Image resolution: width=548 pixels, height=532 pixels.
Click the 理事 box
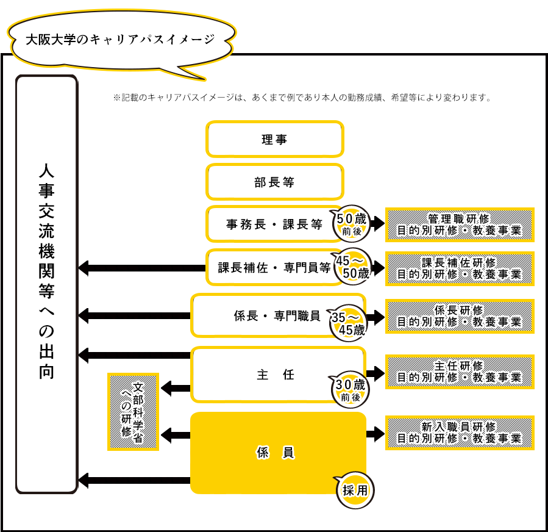tap(274, 139)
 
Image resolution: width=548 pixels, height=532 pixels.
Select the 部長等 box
tap(274, 182)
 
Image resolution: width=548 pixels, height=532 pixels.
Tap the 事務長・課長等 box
tap(274, 224)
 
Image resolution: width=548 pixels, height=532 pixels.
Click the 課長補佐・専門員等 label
tap(274, 267)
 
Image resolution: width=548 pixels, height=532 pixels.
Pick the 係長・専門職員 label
tap(277, 315)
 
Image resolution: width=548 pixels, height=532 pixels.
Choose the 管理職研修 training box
tap(460, 225)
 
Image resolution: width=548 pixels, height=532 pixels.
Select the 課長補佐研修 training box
tap(460, 268)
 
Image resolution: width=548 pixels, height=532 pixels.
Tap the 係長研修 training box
tap(460, 316)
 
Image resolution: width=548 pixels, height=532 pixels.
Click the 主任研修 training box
tap(460, 372)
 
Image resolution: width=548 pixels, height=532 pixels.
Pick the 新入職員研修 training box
tap(460, 433)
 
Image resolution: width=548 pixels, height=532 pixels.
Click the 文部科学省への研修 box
tap(133, 412)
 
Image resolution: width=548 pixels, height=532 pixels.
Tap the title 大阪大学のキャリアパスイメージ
tap(120, 40)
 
